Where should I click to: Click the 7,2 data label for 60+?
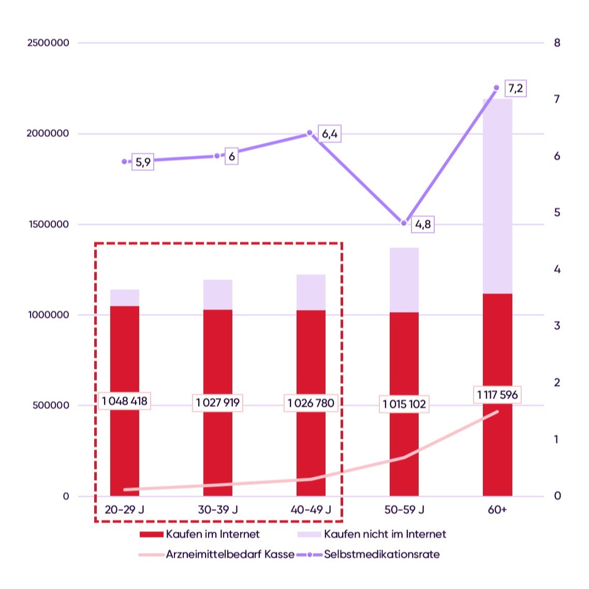(x=515, y=88)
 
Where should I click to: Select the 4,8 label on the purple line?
(x=423, y=224)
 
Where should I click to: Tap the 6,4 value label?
(x=330, y=134)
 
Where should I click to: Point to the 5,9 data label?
(x=143, y=162)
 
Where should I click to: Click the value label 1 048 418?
(x=125, y=401)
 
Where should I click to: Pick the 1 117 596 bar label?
(x=497, y=395)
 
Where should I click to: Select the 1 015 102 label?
(x=404, y=404)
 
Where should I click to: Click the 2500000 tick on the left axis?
(x=48, y=43)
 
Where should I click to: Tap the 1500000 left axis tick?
(x=48, y=224)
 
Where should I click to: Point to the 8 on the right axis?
(x=557, y=43)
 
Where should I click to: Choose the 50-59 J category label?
(x=404, y=510)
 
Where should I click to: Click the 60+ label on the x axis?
(x=497, y=510)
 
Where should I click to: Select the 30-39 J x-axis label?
(x=218, y=510)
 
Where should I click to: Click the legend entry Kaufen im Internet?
(x=212, y=534)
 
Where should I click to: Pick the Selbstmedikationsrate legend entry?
(x=381, y=554)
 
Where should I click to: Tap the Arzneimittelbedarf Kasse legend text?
(x=230, y=554)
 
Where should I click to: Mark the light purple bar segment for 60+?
(x=497, y=197)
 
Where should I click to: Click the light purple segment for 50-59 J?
(x=404, y=280)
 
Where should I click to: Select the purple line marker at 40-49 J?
(x=310, y=133)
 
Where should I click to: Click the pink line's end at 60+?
(x=497, y=412)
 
